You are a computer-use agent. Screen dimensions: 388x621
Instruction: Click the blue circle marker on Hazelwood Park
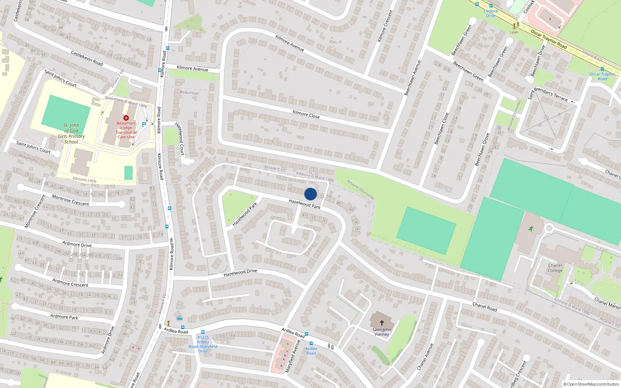pos(310,194)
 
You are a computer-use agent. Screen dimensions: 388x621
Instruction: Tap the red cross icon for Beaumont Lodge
pos(126,118)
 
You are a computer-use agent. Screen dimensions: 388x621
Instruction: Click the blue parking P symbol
pos(144,125)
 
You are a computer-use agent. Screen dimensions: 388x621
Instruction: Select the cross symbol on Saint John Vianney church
pos(382,322)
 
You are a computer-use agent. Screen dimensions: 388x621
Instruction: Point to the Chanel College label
pos(555,268)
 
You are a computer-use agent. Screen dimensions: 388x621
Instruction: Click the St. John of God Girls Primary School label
pos(71,133)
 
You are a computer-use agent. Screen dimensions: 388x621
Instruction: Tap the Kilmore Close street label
pos(306,114)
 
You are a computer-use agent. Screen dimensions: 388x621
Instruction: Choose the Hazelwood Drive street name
pos(240,273)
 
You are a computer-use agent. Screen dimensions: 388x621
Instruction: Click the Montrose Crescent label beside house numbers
pos(71,201)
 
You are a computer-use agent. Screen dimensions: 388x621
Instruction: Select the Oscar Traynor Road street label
pos(549,39)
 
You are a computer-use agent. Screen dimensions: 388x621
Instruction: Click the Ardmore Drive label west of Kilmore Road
pos(77,244)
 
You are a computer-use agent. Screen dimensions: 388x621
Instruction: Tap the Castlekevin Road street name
pos(87,58)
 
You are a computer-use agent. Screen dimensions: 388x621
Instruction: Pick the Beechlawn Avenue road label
pos(413,78)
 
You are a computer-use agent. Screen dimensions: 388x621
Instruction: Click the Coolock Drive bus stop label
pos(491,13)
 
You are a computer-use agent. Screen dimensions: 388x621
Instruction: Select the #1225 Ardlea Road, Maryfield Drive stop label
pos(203,344)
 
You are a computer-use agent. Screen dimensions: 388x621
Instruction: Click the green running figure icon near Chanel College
pos(531,229)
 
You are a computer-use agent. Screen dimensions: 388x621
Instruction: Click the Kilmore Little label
pos(85,180)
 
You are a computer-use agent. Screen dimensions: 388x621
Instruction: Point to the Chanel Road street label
pos(485,307)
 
